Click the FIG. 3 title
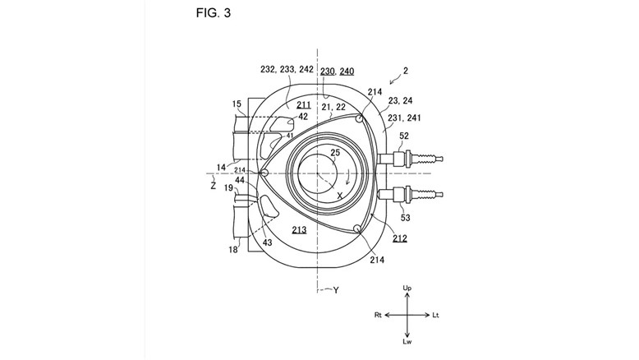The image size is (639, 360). click(213, 12)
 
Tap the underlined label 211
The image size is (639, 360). click(304, 104)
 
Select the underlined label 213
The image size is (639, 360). click(299, 230)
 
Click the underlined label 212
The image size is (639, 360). click(400, 238)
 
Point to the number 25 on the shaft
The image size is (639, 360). click(335, 153)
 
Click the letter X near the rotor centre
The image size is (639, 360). click(339, 196)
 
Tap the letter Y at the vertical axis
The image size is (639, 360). click(336, 290)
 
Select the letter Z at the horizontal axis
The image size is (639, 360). click(213, 186)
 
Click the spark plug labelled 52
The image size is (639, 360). click(411, 158)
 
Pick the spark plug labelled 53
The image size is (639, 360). click(411, 195)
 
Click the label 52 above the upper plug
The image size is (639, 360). click(403, 136)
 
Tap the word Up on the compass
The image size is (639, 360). click(407, 288)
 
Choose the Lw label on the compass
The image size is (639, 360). click(407, 342)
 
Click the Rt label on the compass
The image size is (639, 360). click(378, 315)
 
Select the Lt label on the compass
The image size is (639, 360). click(435, 315)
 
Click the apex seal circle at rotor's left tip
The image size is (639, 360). click(264, 173)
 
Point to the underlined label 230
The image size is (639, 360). click(327, 72)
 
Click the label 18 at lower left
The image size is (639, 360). click(232, 249)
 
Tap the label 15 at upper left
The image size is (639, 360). click(237, 104)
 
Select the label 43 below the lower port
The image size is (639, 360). click(267, 242)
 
